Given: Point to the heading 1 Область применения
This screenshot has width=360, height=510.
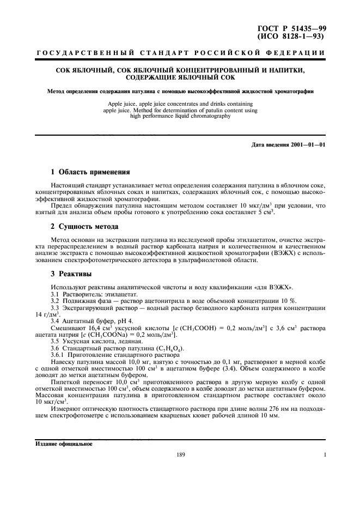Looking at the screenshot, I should (x=90, y=172).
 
